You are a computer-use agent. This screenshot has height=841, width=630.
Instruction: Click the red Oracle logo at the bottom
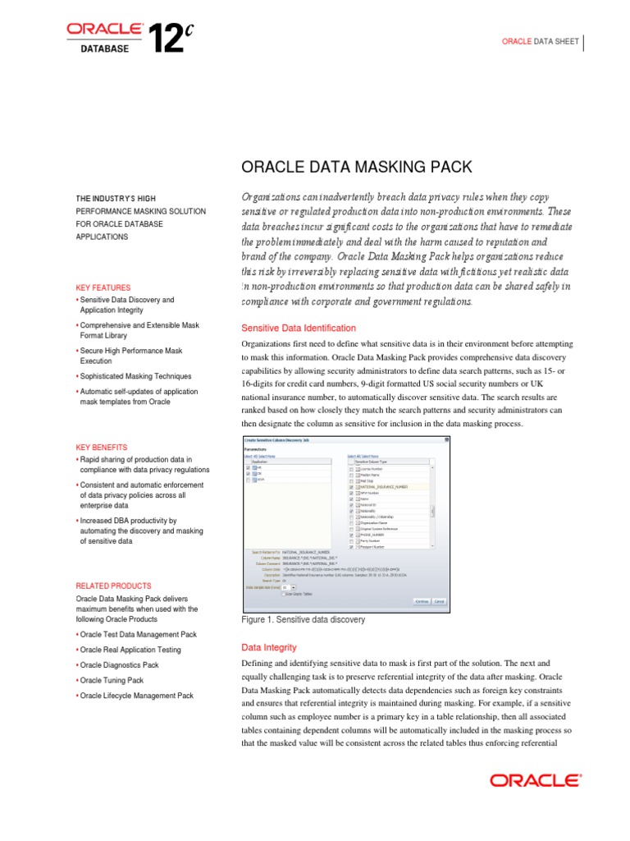536,780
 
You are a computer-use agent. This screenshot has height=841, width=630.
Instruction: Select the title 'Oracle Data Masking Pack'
356,168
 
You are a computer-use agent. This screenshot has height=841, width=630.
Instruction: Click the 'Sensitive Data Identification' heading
298,328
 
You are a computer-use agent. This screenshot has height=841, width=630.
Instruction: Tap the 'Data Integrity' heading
269,647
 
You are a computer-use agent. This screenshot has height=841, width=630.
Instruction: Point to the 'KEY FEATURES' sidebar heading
103,287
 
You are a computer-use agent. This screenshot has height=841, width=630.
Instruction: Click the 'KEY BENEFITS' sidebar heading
102,447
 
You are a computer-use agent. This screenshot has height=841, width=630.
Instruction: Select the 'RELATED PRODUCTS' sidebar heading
113,586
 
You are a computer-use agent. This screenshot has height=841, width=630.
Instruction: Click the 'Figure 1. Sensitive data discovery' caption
304,619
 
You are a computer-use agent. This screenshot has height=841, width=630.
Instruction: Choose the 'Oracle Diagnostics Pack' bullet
119,664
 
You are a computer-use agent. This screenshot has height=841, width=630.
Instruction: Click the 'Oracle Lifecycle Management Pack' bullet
136,696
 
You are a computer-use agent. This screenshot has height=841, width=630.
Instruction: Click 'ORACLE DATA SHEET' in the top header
541,41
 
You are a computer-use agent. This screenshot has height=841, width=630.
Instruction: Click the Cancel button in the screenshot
440,601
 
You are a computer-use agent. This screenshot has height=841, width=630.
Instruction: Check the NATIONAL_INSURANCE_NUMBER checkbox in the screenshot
352,486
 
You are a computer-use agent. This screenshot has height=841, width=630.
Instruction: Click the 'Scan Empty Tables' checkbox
284,594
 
